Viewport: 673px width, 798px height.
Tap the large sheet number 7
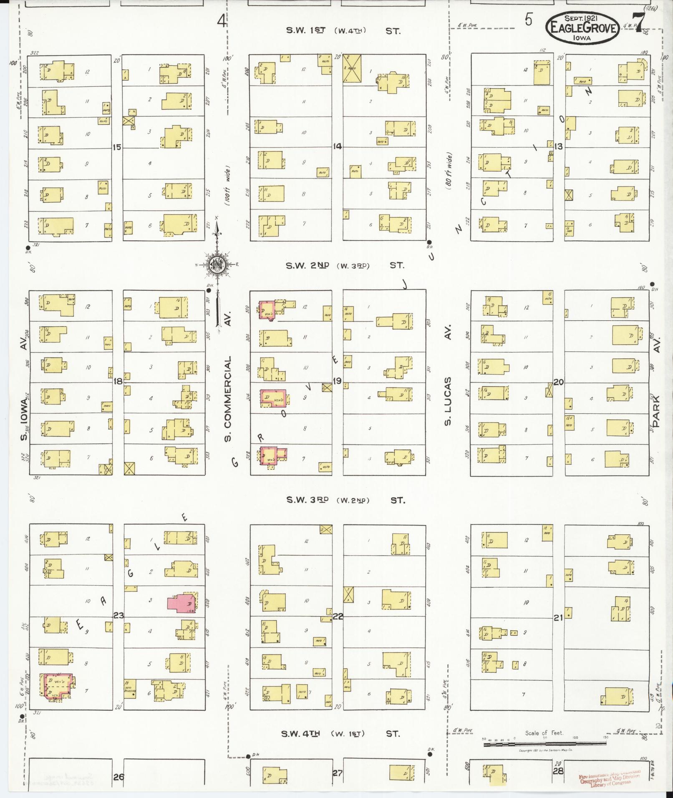639,22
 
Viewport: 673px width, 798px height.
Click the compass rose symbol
217,264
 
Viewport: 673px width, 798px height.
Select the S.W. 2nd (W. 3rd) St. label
345,265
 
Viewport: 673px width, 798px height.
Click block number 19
337,381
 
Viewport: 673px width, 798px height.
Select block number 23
118,616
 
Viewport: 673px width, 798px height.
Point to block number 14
337,146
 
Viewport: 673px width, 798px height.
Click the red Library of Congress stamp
610,777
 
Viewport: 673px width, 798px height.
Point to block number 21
558,618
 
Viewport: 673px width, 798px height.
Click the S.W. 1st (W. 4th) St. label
343,30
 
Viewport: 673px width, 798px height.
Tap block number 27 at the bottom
337,773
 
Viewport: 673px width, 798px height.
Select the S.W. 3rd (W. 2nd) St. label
345,500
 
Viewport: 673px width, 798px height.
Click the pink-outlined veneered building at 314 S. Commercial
273,398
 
